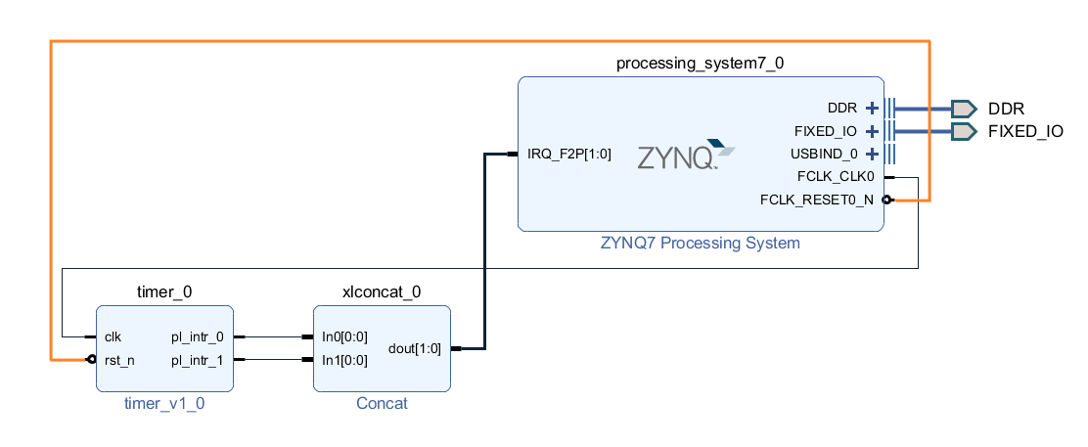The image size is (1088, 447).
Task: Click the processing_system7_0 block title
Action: [x=700, y=64]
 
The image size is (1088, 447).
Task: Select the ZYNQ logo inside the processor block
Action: [x=685, y=156]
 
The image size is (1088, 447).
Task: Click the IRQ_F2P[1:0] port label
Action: [x=568, y=154]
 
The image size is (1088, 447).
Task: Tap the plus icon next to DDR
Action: [x=873, y=109]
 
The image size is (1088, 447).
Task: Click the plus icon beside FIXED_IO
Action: [x=873, y=131]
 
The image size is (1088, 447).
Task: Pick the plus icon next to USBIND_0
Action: [x=873, y=154]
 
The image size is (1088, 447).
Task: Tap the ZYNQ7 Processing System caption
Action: [x=700, y=243]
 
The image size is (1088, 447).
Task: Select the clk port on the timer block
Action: [x=113, y=336]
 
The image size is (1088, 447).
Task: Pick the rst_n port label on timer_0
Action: [x=119, y=360]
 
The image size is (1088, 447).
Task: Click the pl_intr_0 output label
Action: [x=197, y=336]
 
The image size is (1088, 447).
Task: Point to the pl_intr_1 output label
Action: [x=197, y=360]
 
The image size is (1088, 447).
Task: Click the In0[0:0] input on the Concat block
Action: [x=344, y=336]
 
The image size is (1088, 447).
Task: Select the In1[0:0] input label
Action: [x=344, y=360]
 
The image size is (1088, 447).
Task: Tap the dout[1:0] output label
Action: [x=415, y=348]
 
